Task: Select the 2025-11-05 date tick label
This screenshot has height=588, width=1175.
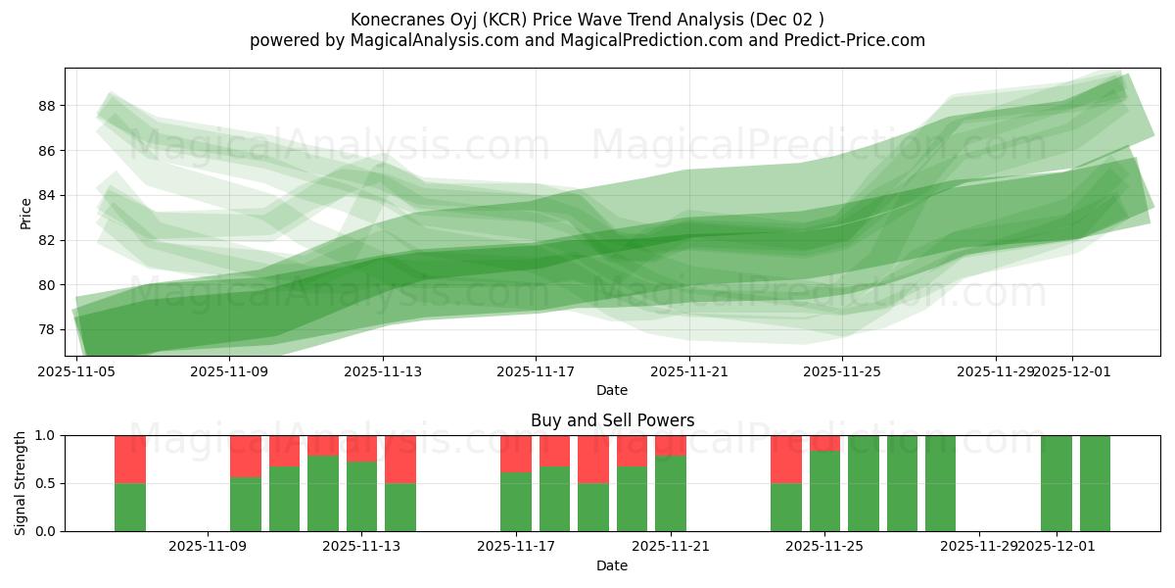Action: tap(76, 371)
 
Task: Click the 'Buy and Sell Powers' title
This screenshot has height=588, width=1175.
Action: tap(612, 420)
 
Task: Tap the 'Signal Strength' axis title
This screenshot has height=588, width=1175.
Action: tap(21, 483)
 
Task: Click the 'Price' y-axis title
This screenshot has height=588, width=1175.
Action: tap(25, 213)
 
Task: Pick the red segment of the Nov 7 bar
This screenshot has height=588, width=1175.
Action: tap(130, 459)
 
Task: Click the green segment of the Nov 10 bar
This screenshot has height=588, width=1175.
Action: tap(285, 499)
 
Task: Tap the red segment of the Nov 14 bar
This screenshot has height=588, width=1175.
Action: tap(400, 459)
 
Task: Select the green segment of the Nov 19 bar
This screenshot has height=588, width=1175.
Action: tap(593, 507)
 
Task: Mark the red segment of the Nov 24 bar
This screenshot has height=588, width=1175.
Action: tap(786, 459)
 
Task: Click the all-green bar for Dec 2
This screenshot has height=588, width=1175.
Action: tap(1095, 483)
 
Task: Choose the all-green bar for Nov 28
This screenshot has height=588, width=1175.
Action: tap(940, 483)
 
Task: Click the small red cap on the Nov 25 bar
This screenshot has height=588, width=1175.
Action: tap(824, 443)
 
